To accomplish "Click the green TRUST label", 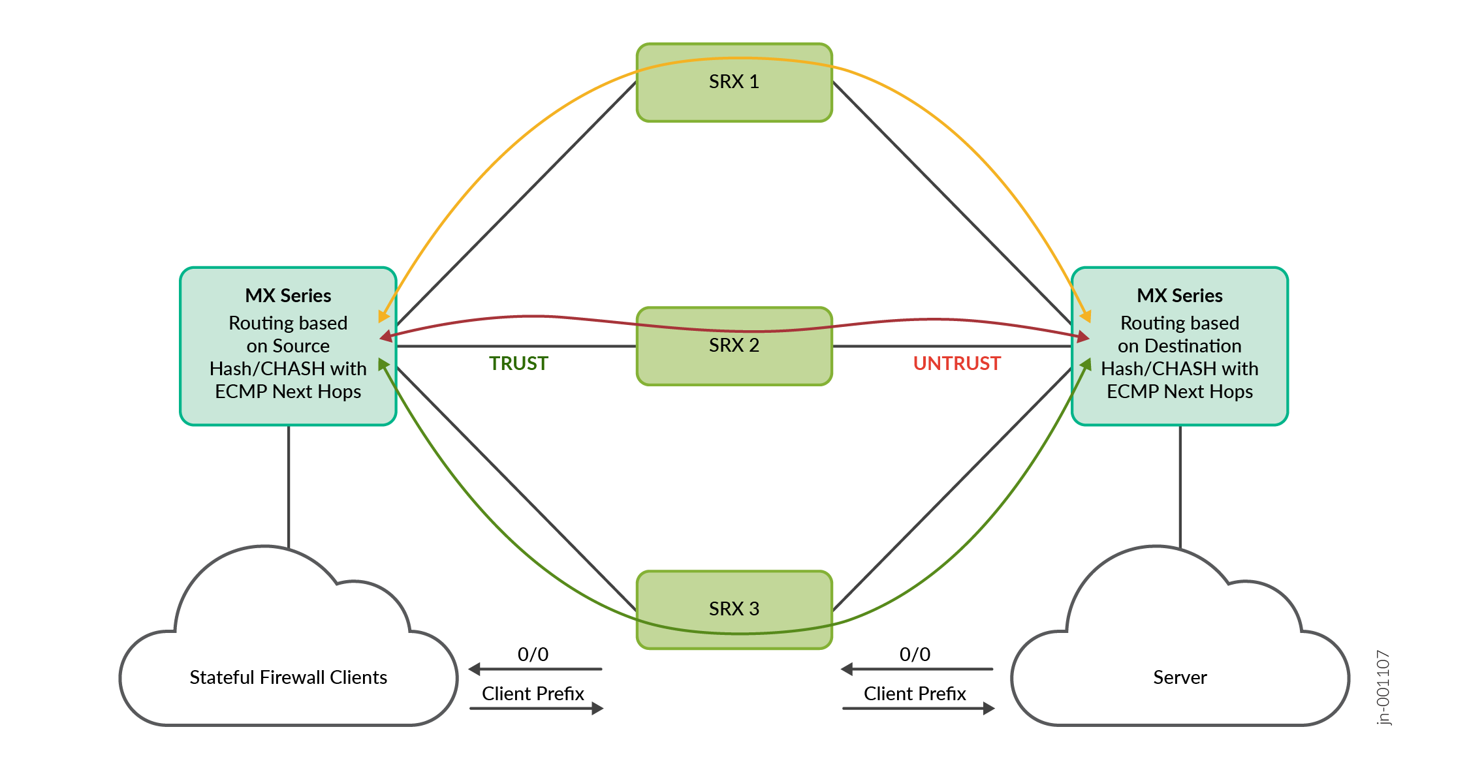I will tap(518, 363).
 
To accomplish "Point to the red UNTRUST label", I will tap(956, 363).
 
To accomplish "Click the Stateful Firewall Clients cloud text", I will tap(288, 677).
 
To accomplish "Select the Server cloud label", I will tap(1180, 677).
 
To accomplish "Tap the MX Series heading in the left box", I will tap(288, 296).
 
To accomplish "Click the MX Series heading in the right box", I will tap(1179, 296).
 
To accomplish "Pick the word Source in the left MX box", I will tap(301, 346).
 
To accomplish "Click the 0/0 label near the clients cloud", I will tap(533, 654).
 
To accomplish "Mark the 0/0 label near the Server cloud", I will tap(915, 654).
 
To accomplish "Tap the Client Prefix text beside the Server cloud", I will tap(915, 694).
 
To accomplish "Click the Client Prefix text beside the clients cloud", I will tap(533, 694).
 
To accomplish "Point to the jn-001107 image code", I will tap(1383, 688).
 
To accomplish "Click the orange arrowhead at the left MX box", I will tap(383, 316).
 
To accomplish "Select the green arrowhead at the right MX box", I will tap(1086, 364).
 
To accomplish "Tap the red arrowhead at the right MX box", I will tap(1083, 337).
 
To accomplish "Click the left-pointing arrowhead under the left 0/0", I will tap(475, 669).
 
